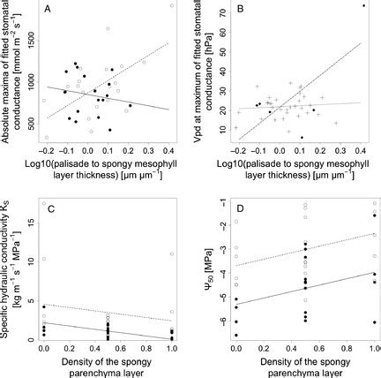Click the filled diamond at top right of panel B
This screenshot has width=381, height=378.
tap(363, 6)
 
